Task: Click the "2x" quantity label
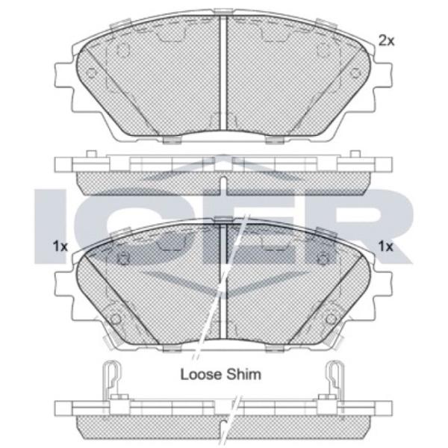point(386,41)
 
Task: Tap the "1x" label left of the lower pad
point(60,246)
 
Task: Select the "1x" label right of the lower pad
point(386,246)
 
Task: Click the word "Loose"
point(201,375)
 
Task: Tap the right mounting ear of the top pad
point(382,75)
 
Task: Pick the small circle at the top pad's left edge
point(92,73)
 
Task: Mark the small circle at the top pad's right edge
point(355,73)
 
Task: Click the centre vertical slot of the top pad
point(223,73)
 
